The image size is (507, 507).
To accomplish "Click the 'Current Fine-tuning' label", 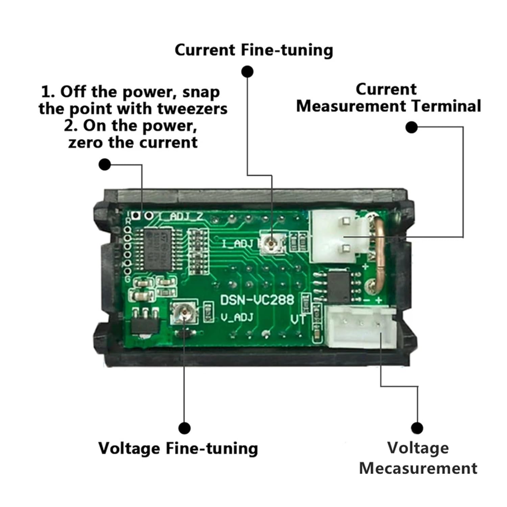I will pos(254,50).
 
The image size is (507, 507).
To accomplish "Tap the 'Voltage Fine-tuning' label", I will pos(178,449).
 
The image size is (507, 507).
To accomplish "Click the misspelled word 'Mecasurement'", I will pos(418,468).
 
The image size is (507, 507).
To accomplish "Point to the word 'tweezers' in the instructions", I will pos(192,109).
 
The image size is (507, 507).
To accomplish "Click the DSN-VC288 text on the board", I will pos(257,300).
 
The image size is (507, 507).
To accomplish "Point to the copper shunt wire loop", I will pos(379,254).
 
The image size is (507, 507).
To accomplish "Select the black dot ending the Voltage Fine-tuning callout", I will pos(185,428).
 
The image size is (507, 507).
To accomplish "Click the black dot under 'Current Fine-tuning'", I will pos(247,72).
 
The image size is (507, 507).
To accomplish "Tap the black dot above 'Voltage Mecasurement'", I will pos(417,428).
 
